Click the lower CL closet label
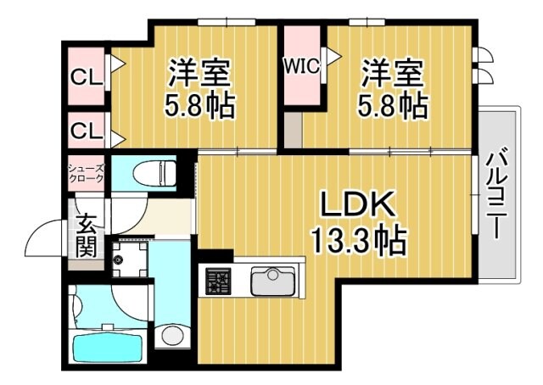[86, 131]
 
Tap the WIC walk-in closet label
[301, 65]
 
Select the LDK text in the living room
[357, 205]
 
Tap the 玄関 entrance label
[87, 236]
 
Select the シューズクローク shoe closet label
[87, 173]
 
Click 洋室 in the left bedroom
[200, 73]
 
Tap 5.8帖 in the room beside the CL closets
[200, 107]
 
